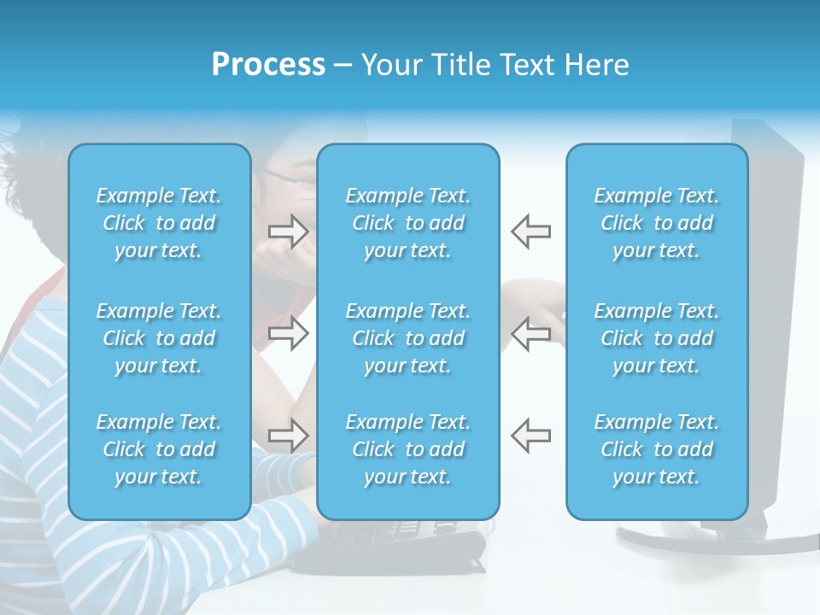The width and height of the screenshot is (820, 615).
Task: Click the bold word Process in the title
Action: click(x=268, y=65)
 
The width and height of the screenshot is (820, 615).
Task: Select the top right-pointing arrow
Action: click(x=288, y=231)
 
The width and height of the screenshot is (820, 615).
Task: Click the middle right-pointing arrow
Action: click(x=288, y=333)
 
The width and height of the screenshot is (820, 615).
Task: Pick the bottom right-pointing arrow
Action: click(x=288, y=435)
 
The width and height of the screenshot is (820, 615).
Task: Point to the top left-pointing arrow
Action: click(x=531, y=231)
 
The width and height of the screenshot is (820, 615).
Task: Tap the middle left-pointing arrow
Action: click(x=531, y=333)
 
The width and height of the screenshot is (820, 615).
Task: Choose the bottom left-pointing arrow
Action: click(x=531, y=435)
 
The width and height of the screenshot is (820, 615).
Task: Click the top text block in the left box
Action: click(x=159, y=223)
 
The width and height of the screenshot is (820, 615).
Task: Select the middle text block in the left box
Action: click(x=159, y=338)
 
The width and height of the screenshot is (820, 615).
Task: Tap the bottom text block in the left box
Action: click(x=159, y=449)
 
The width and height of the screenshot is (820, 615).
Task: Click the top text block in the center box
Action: click(x=407, y=223)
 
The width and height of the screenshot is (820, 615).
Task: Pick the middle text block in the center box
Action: click(x=407, y=338)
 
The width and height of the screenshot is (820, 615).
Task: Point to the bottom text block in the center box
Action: click(x=407, y=449)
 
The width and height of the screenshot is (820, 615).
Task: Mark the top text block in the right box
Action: click(x=657, y=223)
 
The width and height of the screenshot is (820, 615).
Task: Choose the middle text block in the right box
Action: click(x=657, y=338)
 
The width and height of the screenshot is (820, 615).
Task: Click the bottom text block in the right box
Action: click(x=657, y=449)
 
